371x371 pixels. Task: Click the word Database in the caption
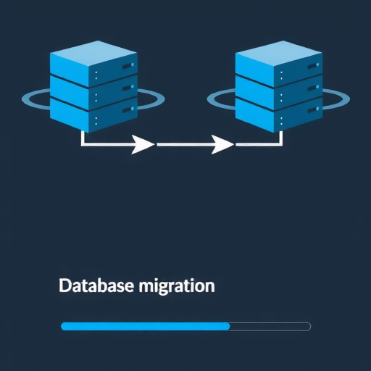coord(96,285)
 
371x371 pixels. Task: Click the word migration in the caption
coord(177,286)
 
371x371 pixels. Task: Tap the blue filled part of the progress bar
coord(146,326)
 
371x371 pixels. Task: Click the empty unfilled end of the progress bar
coord(270,326)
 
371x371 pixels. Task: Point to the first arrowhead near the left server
coord(143,144)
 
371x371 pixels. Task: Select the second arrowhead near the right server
coord(222,144)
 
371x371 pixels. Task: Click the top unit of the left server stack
coord(93,64)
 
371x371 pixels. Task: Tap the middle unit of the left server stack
coord(93,93)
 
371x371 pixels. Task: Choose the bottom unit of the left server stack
coord(93,115)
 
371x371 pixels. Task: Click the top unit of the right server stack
coord(279,64)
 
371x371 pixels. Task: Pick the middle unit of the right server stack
coord(279,93)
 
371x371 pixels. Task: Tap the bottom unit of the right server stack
coord(279,115)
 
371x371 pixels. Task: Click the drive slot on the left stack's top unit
coord(128,66)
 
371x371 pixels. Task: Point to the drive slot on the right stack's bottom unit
coord(313,110)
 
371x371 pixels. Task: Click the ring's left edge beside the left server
coord(25,99)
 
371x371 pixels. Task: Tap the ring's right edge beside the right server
coord(347,99)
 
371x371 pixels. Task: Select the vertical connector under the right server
coord(280,138)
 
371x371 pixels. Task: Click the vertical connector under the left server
coord(83,138)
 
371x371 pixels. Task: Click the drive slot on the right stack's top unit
coord(313,66)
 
